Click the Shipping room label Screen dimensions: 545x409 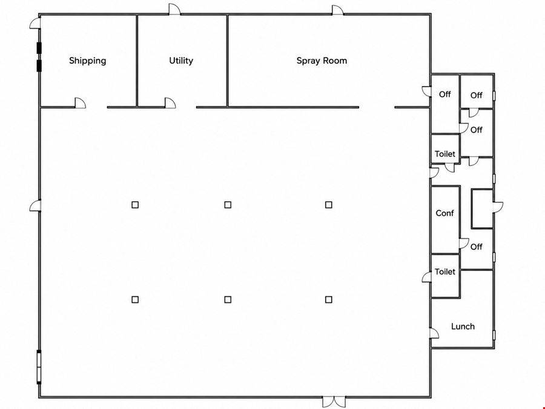pyautogui.click(x=88, y=61)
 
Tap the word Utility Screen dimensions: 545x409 pyautogui.click(x=181, y=61)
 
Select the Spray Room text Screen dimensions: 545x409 pyautogui.click(x=322, y=61)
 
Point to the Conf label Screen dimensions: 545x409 pyautogui.click(x=444, y=213)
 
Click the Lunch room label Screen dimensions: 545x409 pyautogui.click(x=463, y=326)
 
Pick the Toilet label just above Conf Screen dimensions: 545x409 pyautogui.click(x=445, y=154)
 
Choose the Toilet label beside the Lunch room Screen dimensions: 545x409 pyautogui.click(x=445, y=271)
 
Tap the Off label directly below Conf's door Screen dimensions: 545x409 pyautogui.click(x=476, y=247)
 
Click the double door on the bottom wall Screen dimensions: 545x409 pyautogui.click(x=334, y=402)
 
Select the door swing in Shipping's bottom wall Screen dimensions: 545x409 pyautogui.click(x=81, y=103)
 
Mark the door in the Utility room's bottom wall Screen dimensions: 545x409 pyautogui.click(x=170, y=103)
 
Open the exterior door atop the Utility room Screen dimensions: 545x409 pyautogui.click(x=174, y=9)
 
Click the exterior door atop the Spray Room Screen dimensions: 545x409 pyautogui.click(x=338, y=10)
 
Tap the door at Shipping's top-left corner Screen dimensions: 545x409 pyautogui.click(x=35, y=23)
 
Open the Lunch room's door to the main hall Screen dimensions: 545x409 pyautogui.click(x=434, y=333)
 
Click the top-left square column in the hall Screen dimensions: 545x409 pyautogui.click(x=135, y=205)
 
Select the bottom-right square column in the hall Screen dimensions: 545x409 pyautogui.click(x=328, y=299)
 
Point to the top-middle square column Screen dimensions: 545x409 pyautogui.click(x=228, y=205)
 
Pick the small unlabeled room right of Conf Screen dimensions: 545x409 pyautogui.click(x=482, y=208)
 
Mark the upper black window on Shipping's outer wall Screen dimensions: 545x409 pyautogui.click(x=39, y=48)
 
